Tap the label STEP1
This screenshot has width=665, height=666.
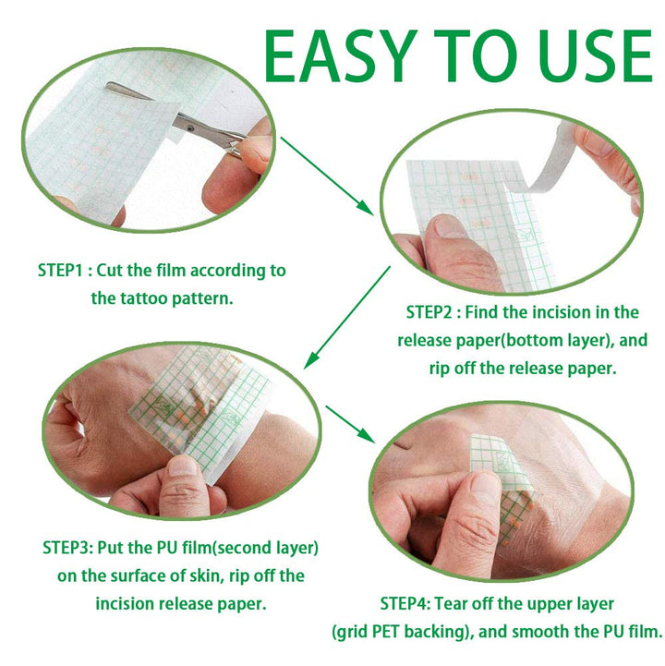65,271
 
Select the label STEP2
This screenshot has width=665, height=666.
435,312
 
